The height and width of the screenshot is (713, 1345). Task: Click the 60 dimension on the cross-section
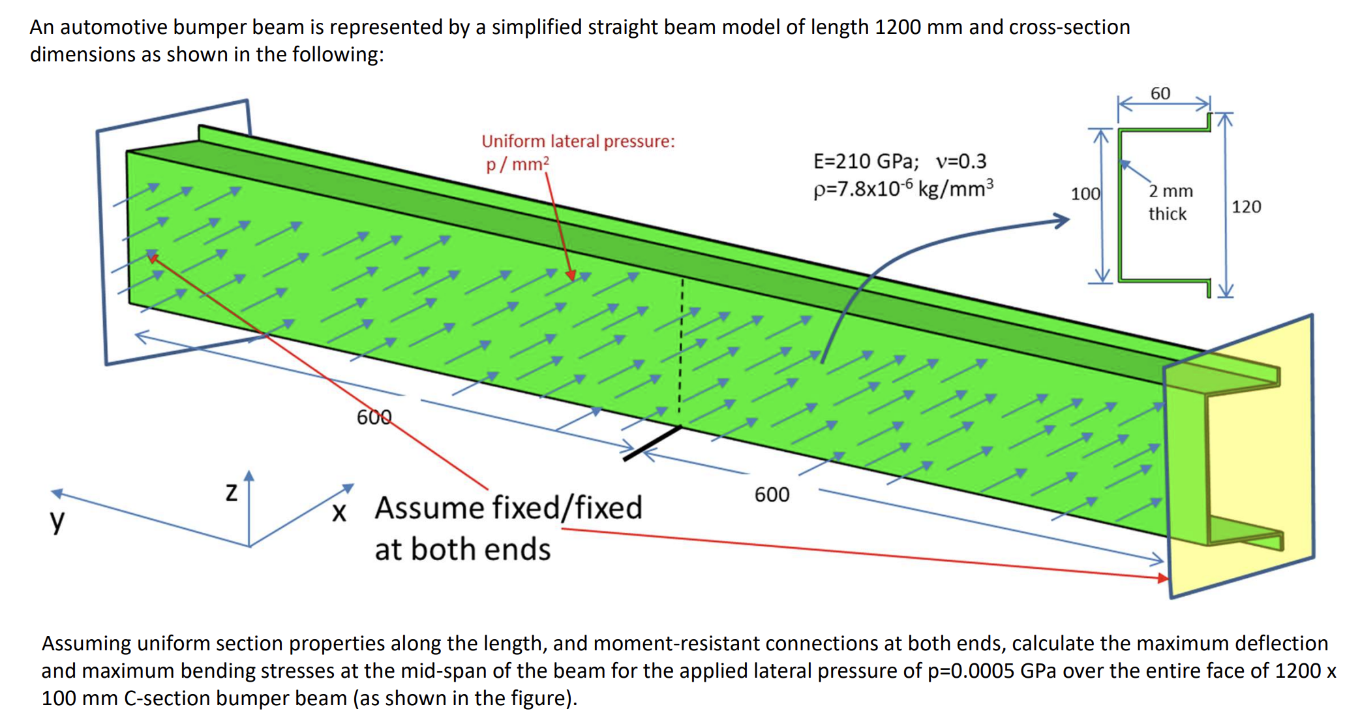coord(1160,93)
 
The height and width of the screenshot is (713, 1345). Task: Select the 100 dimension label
coord(1085,194)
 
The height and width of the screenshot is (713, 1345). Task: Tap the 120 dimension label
coord(1246,207)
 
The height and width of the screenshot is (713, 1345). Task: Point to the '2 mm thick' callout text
coord(1170,202)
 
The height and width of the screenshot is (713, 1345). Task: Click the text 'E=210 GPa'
coord(866,161)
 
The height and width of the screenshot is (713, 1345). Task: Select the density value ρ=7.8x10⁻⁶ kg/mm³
coord(903,189)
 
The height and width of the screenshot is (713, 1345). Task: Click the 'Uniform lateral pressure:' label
coord(578,141)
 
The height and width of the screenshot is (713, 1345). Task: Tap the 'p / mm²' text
coord(517,164)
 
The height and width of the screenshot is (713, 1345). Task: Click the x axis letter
coord(339,513)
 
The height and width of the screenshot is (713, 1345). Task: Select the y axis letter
coord(57,520)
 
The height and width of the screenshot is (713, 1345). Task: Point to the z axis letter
coord(231,492)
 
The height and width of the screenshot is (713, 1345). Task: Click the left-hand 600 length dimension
coord(374,417)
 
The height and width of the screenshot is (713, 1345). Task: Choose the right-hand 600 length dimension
coord(772,495)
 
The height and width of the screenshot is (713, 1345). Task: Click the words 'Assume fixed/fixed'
coord(508,508)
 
